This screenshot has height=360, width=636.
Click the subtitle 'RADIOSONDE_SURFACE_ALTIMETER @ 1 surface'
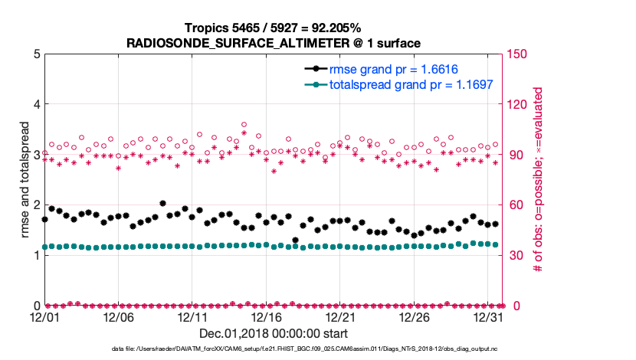point(274,43)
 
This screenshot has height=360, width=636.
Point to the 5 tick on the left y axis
point(35,54)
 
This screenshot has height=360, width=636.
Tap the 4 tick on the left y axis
point(35,104)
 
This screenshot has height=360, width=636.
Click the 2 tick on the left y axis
point(35,205)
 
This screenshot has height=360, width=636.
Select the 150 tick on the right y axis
point(516,54)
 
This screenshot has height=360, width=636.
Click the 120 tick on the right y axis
point(516,104)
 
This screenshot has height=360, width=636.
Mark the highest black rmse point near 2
point(163,204)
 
